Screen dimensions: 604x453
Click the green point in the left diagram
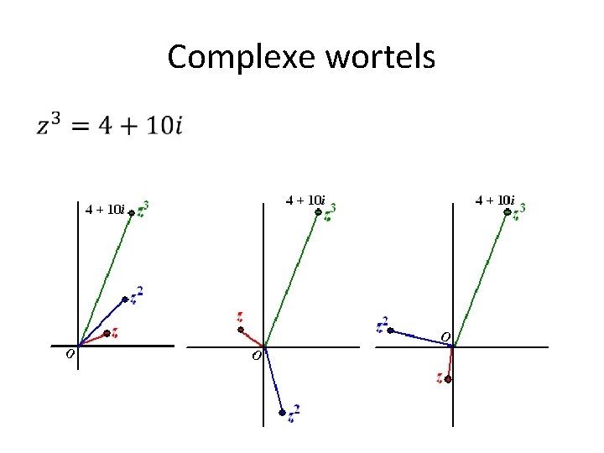point(131,213)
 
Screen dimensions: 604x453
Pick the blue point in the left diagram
point(125,299)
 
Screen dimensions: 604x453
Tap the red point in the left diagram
point(107,333)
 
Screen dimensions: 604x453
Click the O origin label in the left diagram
point(70,355)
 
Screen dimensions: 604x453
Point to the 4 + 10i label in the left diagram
point(105,209)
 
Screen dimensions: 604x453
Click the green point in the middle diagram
point(318,213)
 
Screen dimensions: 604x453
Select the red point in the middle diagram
point(240,330)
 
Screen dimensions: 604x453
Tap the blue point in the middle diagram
point(283,412)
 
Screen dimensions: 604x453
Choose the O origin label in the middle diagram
point(257,357)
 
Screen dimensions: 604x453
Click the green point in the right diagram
point(507,213)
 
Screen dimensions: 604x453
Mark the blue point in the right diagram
point(391,330)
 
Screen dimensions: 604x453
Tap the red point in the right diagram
point(449,379)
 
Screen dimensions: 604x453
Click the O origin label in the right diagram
point(445,336)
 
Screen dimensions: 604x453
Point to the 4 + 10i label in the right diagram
point(495,200)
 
